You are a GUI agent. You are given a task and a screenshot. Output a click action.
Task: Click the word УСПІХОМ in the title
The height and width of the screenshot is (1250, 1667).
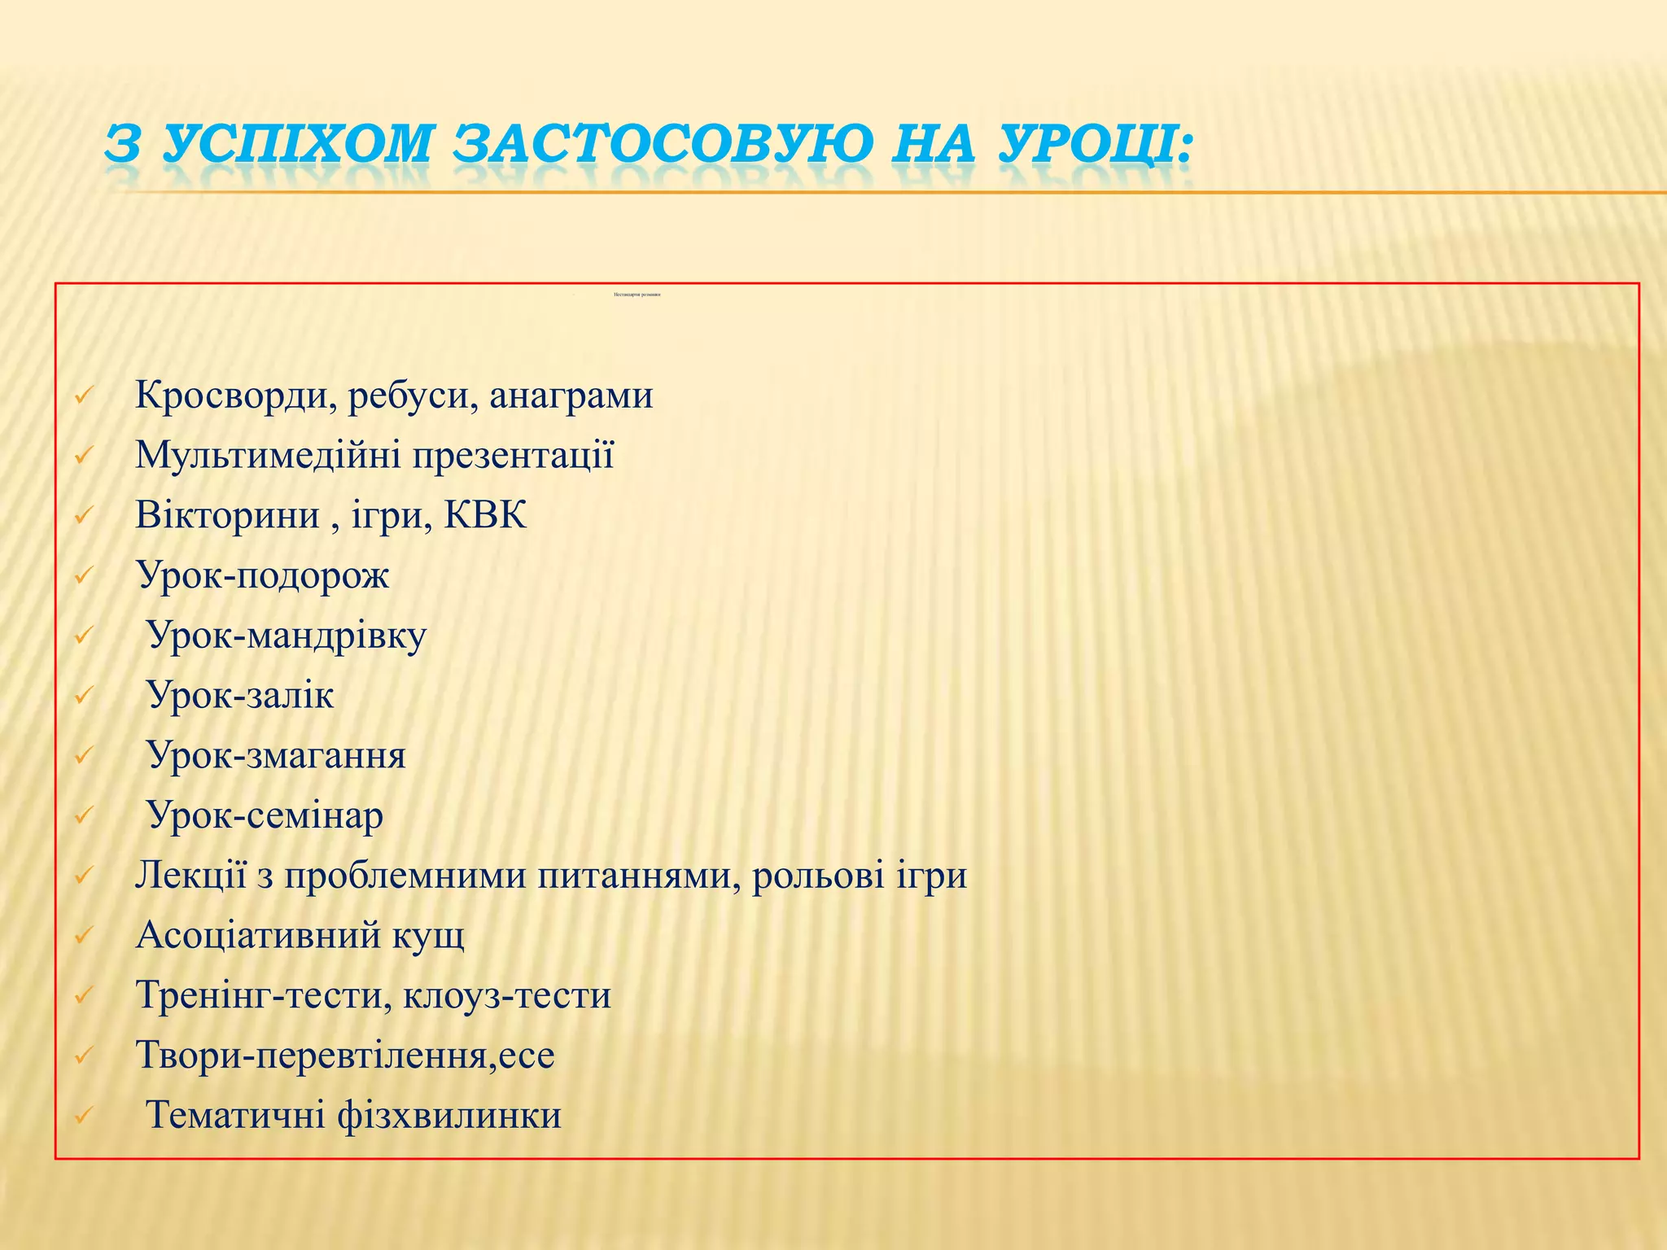296,145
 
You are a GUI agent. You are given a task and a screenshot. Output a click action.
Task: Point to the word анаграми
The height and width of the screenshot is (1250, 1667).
571,396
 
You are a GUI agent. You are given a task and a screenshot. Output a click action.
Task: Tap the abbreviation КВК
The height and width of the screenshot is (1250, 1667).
485,516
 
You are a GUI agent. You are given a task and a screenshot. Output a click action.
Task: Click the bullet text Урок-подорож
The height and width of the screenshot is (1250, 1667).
262,576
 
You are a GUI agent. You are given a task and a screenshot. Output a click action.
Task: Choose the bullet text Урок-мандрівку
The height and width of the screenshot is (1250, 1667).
286,636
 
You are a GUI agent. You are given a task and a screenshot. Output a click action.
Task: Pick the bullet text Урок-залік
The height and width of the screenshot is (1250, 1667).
240,696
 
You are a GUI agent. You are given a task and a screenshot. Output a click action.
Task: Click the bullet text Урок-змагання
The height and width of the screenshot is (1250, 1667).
276,756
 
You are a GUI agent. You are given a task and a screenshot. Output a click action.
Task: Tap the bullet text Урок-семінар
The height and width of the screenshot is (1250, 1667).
265,815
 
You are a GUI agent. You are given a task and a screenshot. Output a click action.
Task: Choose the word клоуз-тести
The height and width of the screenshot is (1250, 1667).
507,995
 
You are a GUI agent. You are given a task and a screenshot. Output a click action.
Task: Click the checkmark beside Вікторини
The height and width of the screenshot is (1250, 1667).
84,516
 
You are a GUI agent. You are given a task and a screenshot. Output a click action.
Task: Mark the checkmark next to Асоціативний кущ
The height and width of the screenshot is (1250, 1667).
84,936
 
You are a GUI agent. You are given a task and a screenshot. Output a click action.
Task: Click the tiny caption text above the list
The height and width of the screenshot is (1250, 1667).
637,294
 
